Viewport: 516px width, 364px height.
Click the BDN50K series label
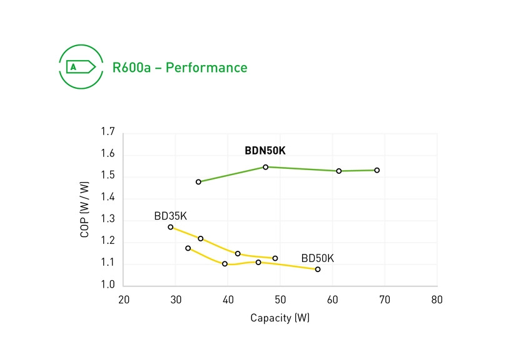coord(265,151)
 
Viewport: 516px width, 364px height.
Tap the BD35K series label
coord(170,216)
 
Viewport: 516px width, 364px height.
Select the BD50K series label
coord(318,258)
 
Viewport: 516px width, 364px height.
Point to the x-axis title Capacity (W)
coord(280,318)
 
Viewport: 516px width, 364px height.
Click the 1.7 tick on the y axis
coord(108,132)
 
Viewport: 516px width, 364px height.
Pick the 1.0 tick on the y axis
coord(108,285)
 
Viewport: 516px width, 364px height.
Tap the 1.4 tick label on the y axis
coord(108,198)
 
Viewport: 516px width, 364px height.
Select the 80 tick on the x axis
coord(437,300)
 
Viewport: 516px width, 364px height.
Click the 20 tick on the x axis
coord(124,300)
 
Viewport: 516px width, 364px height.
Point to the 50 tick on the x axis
coord(280,300)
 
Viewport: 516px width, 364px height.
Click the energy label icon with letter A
coord(78,66)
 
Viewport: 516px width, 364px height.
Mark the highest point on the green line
coord(266,167)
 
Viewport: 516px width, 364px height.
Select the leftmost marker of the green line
coord(198,182)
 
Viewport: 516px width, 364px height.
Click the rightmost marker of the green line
coord(377,170)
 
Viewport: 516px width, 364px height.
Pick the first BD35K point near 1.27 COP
coord(170,227)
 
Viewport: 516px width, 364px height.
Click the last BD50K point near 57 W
coord(318,270)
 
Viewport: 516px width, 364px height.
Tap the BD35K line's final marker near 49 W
coord(275,258)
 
